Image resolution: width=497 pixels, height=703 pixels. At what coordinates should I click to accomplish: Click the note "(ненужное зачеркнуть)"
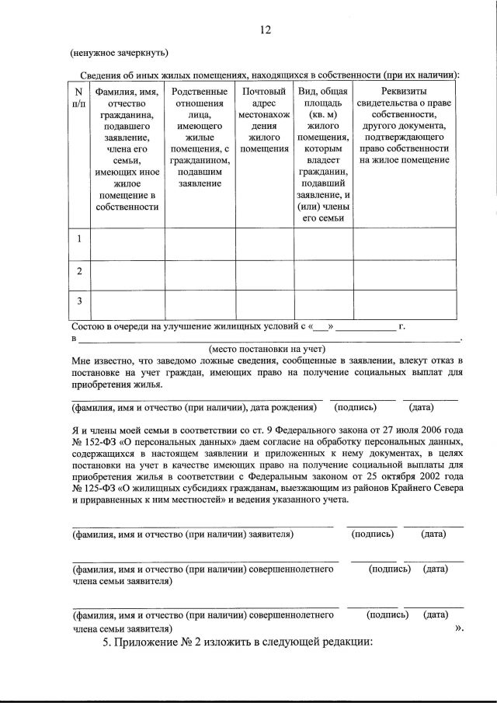[120, 54]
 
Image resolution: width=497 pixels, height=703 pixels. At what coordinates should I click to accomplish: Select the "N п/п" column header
[78, 98]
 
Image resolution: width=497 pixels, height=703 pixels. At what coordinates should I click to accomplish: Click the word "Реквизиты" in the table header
[401, 91]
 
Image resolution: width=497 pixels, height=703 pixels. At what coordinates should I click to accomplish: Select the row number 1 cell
[78, 241]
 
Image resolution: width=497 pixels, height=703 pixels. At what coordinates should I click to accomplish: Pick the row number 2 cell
[78, 271]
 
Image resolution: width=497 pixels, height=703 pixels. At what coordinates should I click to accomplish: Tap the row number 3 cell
[78, 300]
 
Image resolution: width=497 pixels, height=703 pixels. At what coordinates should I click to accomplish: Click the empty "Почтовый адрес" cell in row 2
[264, 272]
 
